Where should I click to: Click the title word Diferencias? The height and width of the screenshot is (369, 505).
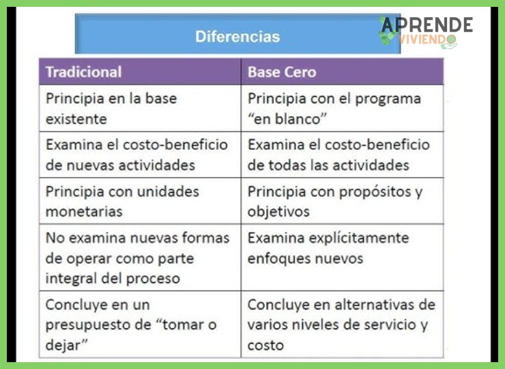pyautogui.click(x=237, y=36)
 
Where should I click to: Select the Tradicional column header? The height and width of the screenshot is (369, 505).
pyautogui.click(x=83, y=72)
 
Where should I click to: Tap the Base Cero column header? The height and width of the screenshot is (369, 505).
pyautogui.click(x=282, y=72)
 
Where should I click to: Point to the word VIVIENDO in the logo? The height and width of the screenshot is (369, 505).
pyautogui.click(x=428, y=41)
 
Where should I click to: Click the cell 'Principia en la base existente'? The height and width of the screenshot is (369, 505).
pyautogui.click(x=140, y=108)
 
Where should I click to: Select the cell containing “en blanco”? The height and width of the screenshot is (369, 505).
pyautogui.click(x=341, y=108)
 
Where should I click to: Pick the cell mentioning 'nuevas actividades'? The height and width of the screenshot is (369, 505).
pyautogui.click(x=140, y=154)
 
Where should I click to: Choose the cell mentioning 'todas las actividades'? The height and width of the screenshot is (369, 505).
pyautogui.click(x=341, y=154)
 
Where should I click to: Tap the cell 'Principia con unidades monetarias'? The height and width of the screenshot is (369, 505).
pyautogui.click(x=140, y=201)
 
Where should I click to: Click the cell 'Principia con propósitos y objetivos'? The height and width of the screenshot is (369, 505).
pyautogui.click(x=341, y=201)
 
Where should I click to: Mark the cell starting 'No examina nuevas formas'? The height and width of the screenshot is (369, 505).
pyautogui.click(x=140, y=258)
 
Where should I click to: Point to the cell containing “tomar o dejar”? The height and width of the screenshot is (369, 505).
pyautogui.click(x=140, y=325)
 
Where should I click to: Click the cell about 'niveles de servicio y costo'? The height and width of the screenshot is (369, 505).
pyautogui.click(x=341, y=325)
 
